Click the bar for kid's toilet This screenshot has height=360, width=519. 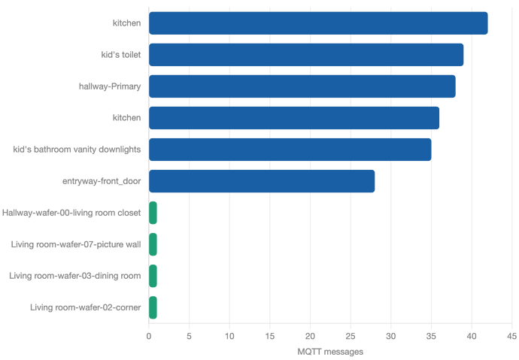point(306,55)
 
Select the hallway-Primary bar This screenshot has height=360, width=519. point(302,86)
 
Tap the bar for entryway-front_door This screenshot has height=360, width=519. point(262,181)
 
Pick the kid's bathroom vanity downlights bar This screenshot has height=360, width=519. point(290,150)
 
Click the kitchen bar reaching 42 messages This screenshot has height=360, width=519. point(318,23)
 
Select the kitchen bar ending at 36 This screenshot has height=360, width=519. point(294,118)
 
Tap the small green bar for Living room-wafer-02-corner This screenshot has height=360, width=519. point(153,307)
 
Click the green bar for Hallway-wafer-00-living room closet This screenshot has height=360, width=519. point(153,213)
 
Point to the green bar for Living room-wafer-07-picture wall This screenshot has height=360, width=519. point(153,244)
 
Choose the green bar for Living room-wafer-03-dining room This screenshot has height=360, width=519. point(153,276)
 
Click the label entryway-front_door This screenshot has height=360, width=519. point(102,181)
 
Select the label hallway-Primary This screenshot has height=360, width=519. point(110,86)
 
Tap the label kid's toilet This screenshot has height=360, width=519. point(121,55)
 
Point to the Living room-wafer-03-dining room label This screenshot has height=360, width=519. point(74,276)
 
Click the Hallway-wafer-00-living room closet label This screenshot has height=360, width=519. point(71,213)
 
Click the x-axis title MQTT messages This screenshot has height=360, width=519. point(330,351)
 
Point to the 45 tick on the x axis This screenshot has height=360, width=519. point(511,336)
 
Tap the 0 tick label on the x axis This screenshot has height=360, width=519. point(149,336)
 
